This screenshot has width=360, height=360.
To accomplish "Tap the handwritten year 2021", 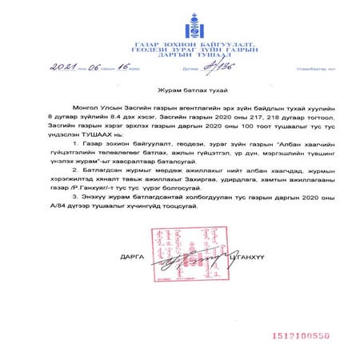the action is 61,70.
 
